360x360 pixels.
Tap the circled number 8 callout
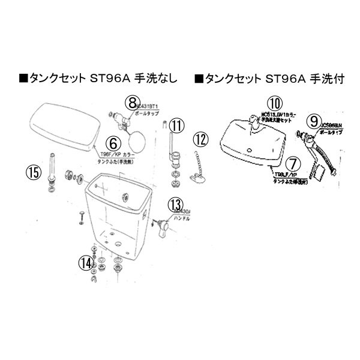[x=133, y=102]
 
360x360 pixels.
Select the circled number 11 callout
[x=175, y=126]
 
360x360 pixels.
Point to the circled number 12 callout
[x=200, y=140]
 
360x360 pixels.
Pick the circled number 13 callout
[x=175, y=205]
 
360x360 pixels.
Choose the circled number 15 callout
[x=34, y=173]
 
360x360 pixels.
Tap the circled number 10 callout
[x=274, y=102]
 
